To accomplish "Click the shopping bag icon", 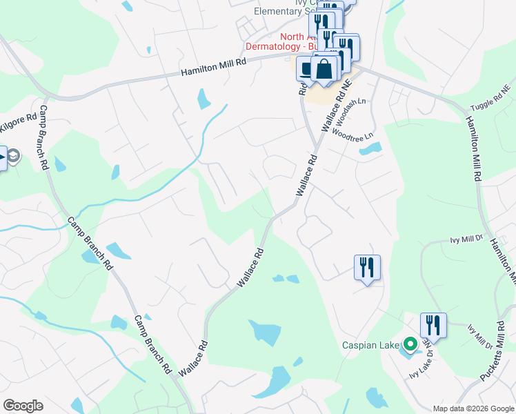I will point(324,70).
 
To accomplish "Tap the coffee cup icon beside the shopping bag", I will point(306,69).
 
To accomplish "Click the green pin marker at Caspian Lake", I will point(410,343).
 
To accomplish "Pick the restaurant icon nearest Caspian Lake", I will point(433,324).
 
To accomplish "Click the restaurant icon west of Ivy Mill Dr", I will point(367,267).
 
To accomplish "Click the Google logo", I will point(23,405).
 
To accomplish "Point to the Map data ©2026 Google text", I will point(472,408).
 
